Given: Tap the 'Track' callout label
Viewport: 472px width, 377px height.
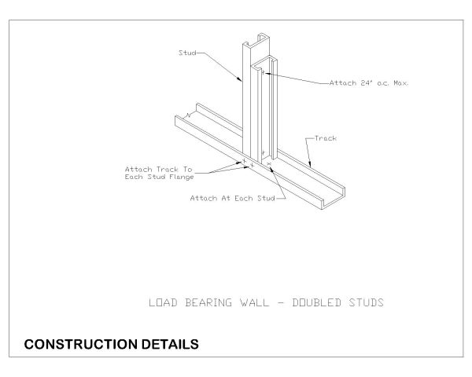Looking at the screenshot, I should click(326, 138).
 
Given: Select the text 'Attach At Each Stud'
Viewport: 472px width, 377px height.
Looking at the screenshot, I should click(232, 199).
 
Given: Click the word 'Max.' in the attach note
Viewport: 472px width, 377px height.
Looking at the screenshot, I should click(404, 82).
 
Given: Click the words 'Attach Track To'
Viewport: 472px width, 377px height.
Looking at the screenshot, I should click(159, 169).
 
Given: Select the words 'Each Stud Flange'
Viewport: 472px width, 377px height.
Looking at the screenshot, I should click(159, 177).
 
